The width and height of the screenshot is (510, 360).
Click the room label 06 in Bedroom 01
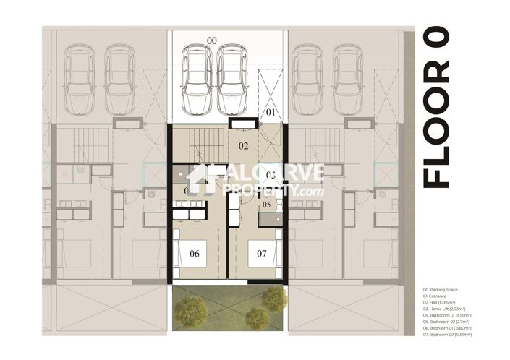(x=195, y=254)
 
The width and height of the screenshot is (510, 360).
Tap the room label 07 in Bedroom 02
(x=262, y=254)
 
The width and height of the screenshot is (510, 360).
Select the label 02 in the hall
(x=244, y=146)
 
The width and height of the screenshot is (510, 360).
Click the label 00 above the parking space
(x=212, y=40)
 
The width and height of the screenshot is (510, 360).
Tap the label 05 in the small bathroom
(x=266, y=205)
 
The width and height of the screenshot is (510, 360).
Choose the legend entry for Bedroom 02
(x=449, y=335)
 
